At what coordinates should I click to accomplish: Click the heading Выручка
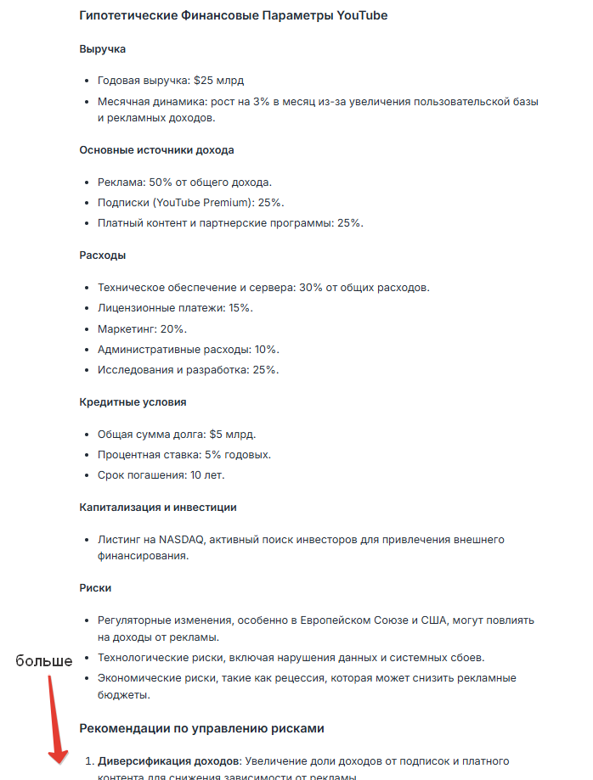coord(102,49)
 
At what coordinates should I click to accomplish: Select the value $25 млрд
coord(219,81)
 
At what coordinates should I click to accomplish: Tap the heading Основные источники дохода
coord(156,150)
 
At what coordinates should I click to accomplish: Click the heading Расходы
coord(103,255)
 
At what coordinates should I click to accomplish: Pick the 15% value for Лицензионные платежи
coord(240,308)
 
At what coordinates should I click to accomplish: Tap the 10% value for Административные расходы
coord(267,349)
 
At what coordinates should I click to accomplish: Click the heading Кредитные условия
coord(133,401)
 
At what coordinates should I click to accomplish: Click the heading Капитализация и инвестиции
coord(158,507)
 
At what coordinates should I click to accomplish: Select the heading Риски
coord(96,587)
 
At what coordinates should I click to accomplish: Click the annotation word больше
coord(44,661)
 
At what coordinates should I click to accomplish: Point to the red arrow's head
coord(57,758)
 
